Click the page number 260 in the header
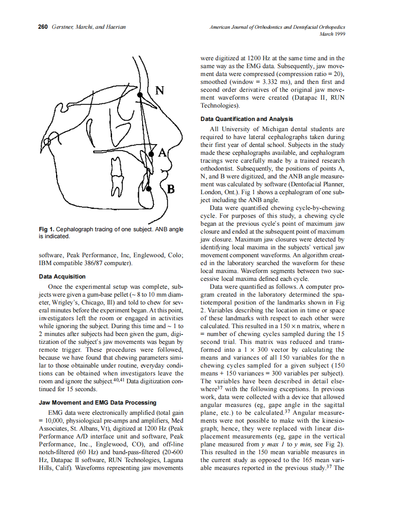click(x=43, y=27)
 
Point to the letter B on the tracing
click(x=170, y=189)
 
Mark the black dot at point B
click(x=149, y=189)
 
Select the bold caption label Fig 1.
click(x=47, y=229)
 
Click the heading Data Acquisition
click(x=63, y=277)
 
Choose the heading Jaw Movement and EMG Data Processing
click(x=98, y=403)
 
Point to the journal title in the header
click(x=277, y=27)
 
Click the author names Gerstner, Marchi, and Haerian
click(x=88, y=27)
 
